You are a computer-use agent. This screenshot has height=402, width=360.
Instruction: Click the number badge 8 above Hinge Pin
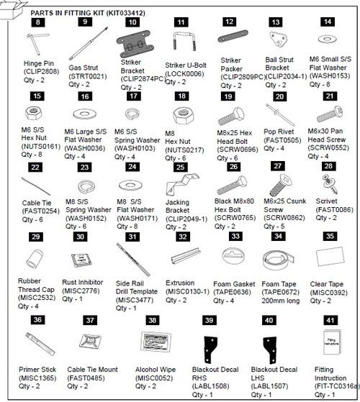pyautogui.click(x=38, y=23)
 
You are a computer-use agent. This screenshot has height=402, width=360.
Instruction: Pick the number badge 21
pyautogui.click(x=330, y=96)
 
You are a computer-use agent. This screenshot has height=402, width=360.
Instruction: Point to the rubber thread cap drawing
pyautogui.click(x=36, y=257)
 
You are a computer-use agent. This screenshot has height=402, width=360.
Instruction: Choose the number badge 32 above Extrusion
pyautogui.click(x=182, y=237)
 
